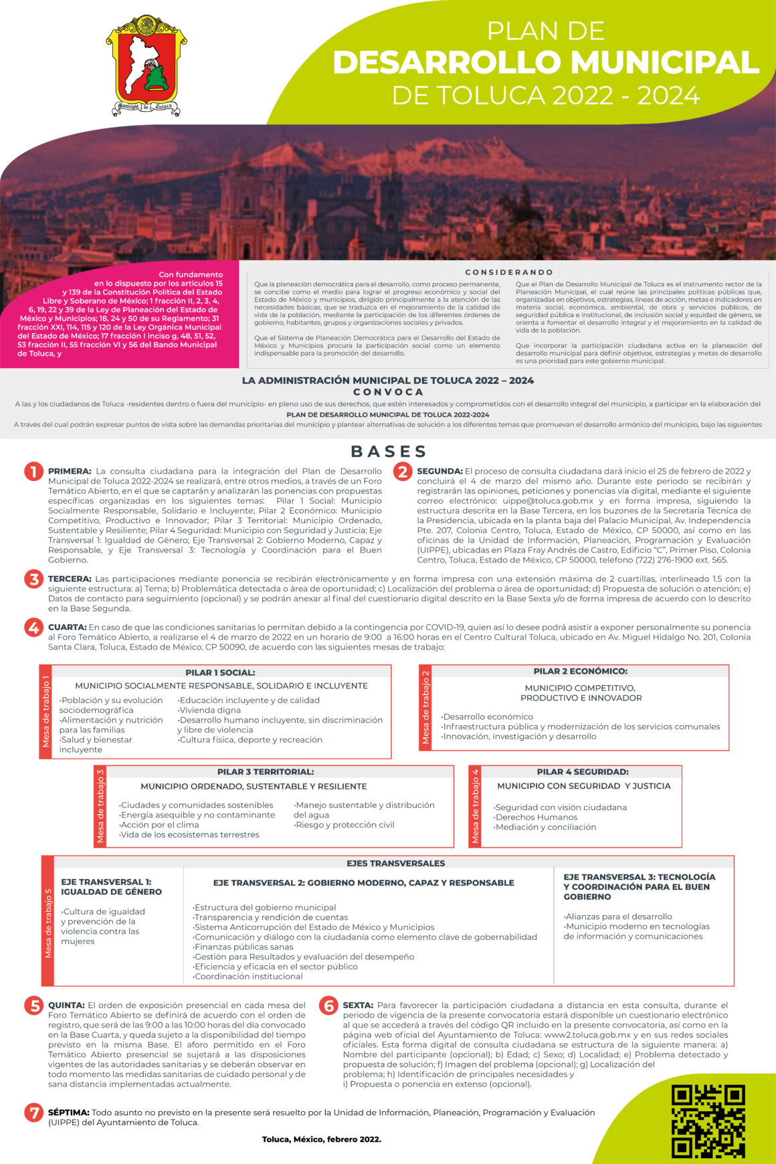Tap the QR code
pos(708,1121)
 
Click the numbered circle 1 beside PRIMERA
pos(33,472)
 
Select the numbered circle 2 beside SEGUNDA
pos(402,472)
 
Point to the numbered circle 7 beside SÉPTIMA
pos(33,1112)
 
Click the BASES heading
pos(389,452)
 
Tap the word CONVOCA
pos(388,392)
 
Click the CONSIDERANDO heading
pos(509,272)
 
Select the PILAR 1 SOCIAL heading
pos(220,672)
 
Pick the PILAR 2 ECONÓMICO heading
pos(580,671)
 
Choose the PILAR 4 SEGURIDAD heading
pos(582,772)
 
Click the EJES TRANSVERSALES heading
pos(395,864)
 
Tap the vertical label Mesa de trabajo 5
pos(48,923)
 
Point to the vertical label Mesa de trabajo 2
pos(425,708)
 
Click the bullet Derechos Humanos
pos(536,817)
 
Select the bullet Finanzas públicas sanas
pos(244,947)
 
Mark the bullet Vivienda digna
pos(209,710)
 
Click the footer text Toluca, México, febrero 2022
pos(321,1139)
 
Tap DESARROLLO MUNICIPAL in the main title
pos(546,63)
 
